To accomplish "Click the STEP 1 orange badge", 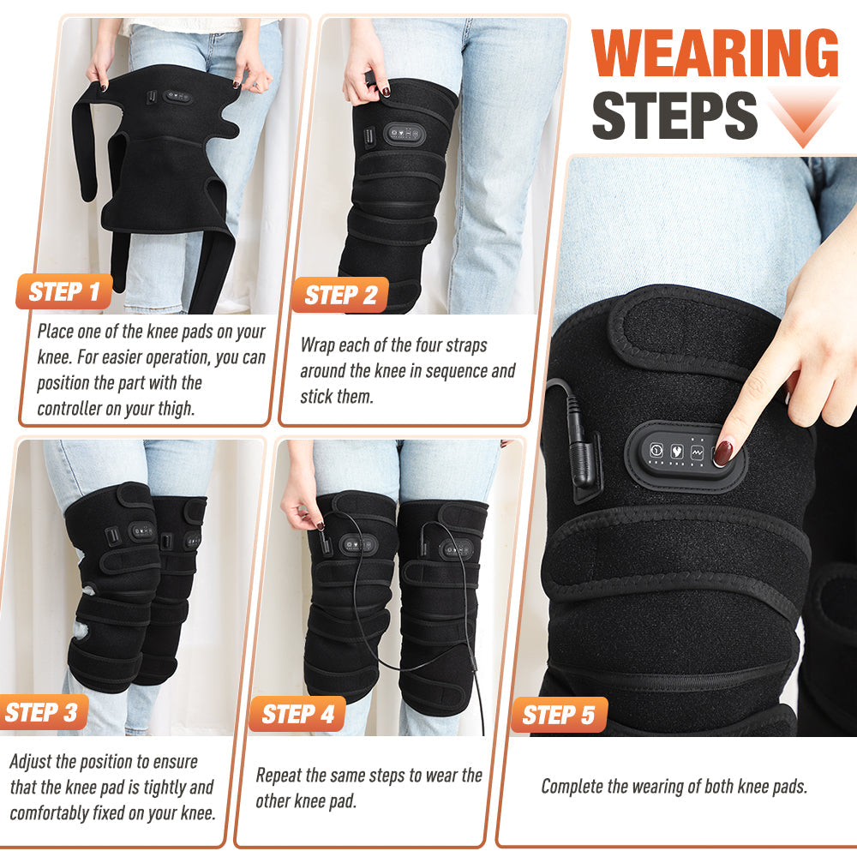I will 64,292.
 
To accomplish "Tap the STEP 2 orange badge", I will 340,296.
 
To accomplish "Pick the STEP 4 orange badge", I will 297,714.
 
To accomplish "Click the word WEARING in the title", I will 715,53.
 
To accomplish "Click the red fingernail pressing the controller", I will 724,452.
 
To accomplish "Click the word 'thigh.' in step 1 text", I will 174,408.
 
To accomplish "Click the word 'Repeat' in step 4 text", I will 280,776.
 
